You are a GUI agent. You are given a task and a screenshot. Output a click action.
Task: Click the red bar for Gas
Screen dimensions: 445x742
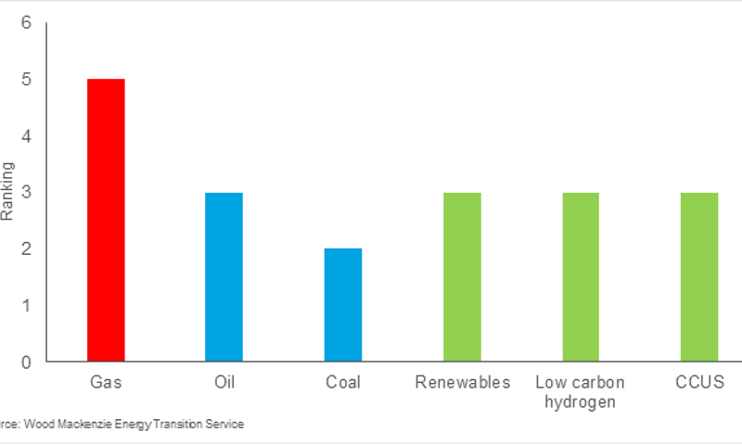pyautogui.click(x=106, y=221)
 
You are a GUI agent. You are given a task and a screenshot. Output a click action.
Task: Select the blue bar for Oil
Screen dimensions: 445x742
pyautogui.click(x=224, y=277)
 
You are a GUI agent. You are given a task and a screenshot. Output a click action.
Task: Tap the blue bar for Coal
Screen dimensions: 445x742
pyautogui.click(x=343, y=305)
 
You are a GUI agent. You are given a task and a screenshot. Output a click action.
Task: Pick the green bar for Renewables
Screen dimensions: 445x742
pyautogui.click(x=462, y=277)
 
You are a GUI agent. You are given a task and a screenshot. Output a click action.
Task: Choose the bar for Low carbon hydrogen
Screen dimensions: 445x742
pyautogui.click(x=581, y=277)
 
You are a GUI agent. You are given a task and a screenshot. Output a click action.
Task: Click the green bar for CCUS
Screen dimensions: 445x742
pyautogui.click(x=699, y=277)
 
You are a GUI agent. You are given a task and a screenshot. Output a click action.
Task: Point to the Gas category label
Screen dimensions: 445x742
pyautogui.click(x=106, y=382)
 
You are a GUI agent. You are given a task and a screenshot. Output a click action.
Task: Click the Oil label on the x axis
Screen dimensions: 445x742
pyautogui.click(x=224, y=382)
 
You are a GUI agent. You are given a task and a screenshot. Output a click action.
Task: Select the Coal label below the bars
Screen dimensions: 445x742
pyautogui.click(x=343, y=382)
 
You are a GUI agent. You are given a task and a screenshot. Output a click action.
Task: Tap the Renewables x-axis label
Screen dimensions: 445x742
pyautogui.click(x=462, y=382)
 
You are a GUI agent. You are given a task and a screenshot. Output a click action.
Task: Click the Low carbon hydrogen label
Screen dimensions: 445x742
pyautogui.click(x=581, y=391)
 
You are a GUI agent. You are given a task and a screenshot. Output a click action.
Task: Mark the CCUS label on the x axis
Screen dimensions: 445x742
pyautogui.click(x=699, y=382)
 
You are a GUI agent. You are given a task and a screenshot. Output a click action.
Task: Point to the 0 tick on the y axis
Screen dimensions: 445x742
pyautogui.click(x=26, y=362)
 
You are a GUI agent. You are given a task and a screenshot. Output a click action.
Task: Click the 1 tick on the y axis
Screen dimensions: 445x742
pyautogui.click(x=26, y=305)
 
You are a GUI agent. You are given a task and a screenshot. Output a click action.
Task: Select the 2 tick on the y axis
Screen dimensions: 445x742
pyautogui.click(x=26, y=248)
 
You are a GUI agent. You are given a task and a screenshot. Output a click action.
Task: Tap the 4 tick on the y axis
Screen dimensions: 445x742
pyautogui.click(x=26, y=136)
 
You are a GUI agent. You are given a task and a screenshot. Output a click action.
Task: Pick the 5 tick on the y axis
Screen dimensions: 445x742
pyautogui.click(x=26, y=80)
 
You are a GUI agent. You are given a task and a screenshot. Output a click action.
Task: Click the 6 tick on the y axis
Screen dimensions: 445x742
pyautogui.click(x=26, y=23)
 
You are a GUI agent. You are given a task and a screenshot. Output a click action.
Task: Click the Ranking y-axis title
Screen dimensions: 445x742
pyautogui.click(x=7, y=192)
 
